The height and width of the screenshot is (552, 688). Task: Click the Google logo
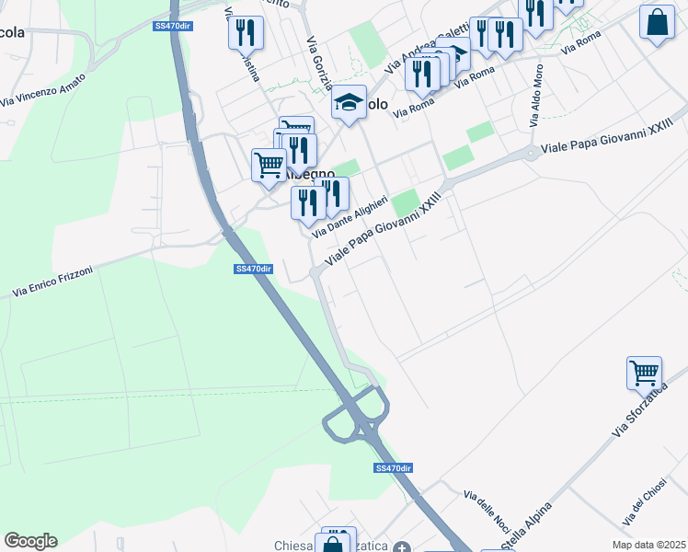tap(30, 541)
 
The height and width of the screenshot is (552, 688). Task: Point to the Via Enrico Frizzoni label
tap(56, 282)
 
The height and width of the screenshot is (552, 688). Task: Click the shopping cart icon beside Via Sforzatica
tap(644, 374)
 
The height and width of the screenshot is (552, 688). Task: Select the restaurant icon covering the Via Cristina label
tap(246, 33)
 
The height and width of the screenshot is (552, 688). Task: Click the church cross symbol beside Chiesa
tap(401, 547)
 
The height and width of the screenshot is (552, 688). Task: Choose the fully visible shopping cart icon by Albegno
tap(269, 166)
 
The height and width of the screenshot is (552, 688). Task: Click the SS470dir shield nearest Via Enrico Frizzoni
tap(254, 269)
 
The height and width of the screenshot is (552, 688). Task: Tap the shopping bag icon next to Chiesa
tap(331, 546)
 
